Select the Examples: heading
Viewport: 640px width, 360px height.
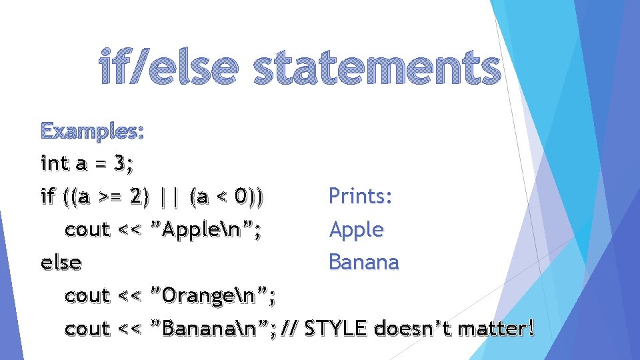click(91, 131)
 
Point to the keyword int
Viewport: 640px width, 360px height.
click(55, 163)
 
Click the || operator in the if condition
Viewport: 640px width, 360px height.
click(169, 197)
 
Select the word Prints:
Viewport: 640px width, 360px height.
click(361, 197)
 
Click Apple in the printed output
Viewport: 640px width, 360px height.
click(357, 230)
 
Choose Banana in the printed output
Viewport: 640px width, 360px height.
click(364, 262)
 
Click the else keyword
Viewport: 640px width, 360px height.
click(61, 263)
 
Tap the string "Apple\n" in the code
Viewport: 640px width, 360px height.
click(207, 230)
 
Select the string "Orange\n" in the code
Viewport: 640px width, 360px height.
click(214, 295)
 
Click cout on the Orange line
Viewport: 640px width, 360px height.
click(87, 295)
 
